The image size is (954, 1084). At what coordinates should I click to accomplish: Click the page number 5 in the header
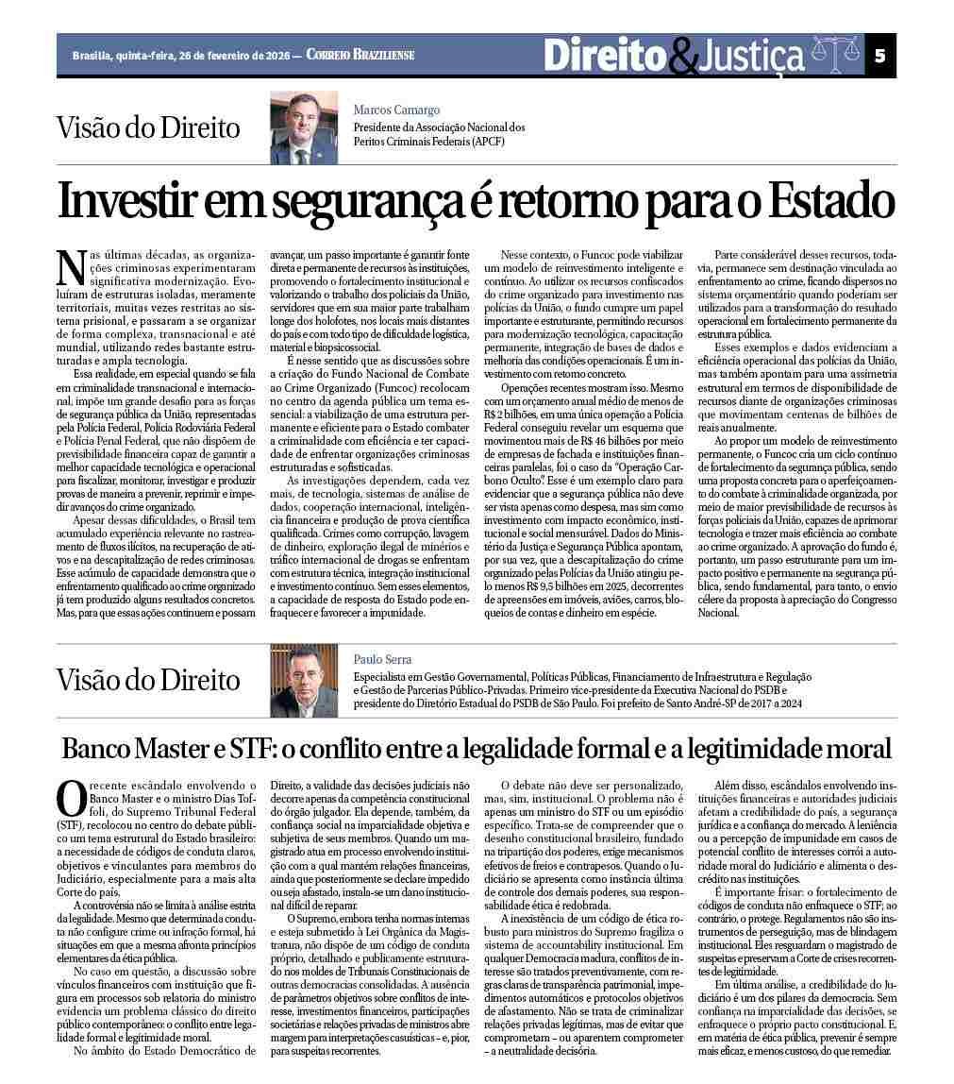tap(879, 56)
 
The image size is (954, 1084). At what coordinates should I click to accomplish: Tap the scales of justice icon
tap(836, 56)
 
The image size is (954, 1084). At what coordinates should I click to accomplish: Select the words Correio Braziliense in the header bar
tap(360, 56)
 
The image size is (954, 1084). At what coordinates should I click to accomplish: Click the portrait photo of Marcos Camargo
tap(304, 127)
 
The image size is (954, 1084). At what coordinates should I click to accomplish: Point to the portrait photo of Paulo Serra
tap(304, 680)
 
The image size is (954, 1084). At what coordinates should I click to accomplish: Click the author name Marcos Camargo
tap(396, 110)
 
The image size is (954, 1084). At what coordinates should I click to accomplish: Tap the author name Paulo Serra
tap(383, 659)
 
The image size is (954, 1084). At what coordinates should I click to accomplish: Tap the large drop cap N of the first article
tap(70, 267)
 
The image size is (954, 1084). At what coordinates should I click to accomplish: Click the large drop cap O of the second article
tap(72, 799)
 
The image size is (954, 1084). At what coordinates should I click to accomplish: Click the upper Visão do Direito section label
tap(148, 127)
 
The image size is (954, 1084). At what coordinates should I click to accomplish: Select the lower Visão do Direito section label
tap(148, 680)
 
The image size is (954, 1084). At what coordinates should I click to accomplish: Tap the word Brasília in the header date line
tap(92, 56)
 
